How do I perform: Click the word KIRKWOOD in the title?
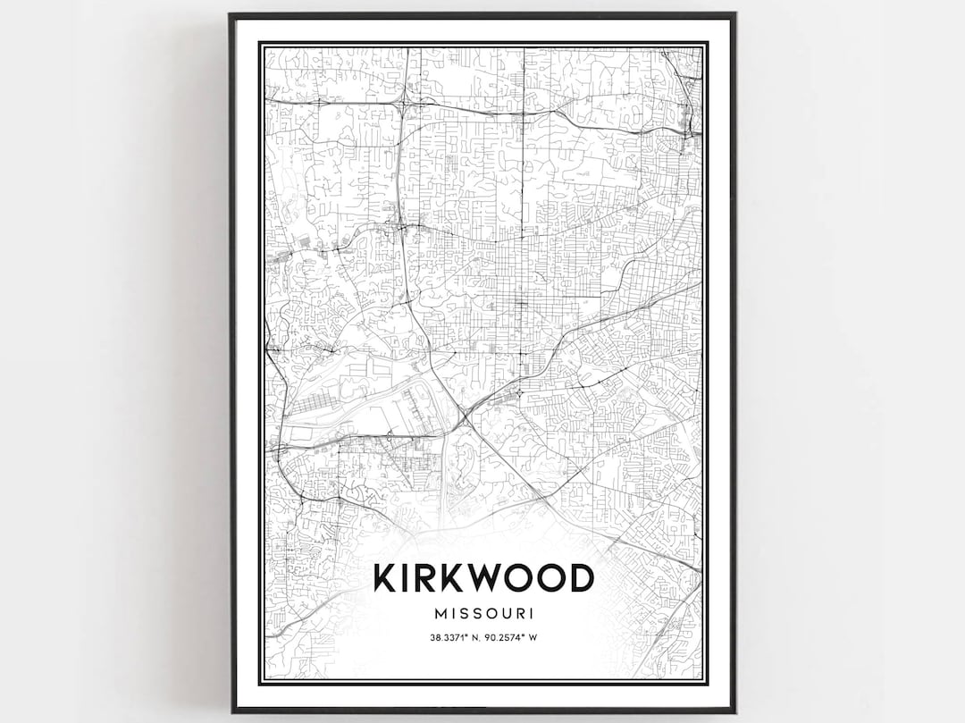pos(482,578)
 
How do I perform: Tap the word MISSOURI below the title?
pos(482,614)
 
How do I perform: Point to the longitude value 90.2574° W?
pos(511,637)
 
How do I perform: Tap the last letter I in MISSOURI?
pos(532,614)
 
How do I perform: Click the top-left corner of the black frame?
pos(231,14)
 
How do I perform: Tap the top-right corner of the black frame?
pos(734,14)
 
